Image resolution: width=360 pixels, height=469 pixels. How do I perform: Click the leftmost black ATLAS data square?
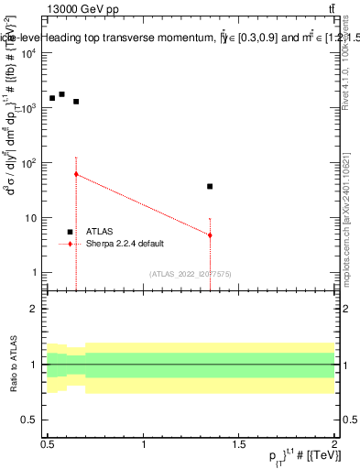[x=52, y=98]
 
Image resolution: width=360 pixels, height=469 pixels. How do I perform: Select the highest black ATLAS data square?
[x=62, y=94]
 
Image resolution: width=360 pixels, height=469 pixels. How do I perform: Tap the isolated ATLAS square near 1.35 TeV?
[x=210, y=186]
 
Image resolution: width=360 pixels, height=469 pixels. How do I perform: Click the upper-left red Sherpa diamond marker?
[x=76, y=174]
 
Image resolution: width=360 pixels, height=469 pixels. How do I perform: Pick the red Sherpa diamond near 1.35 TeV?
[x=210, y=235]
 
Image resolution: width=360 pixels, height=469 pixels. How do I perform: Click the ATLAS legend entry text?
[x=100, y=232]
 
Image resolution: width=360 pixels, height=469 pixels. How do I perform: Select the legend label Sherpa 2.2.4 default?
[x=124, y=245]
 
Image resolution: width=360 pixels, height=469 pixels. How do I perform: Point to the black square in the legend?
[x=70, y=232]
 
